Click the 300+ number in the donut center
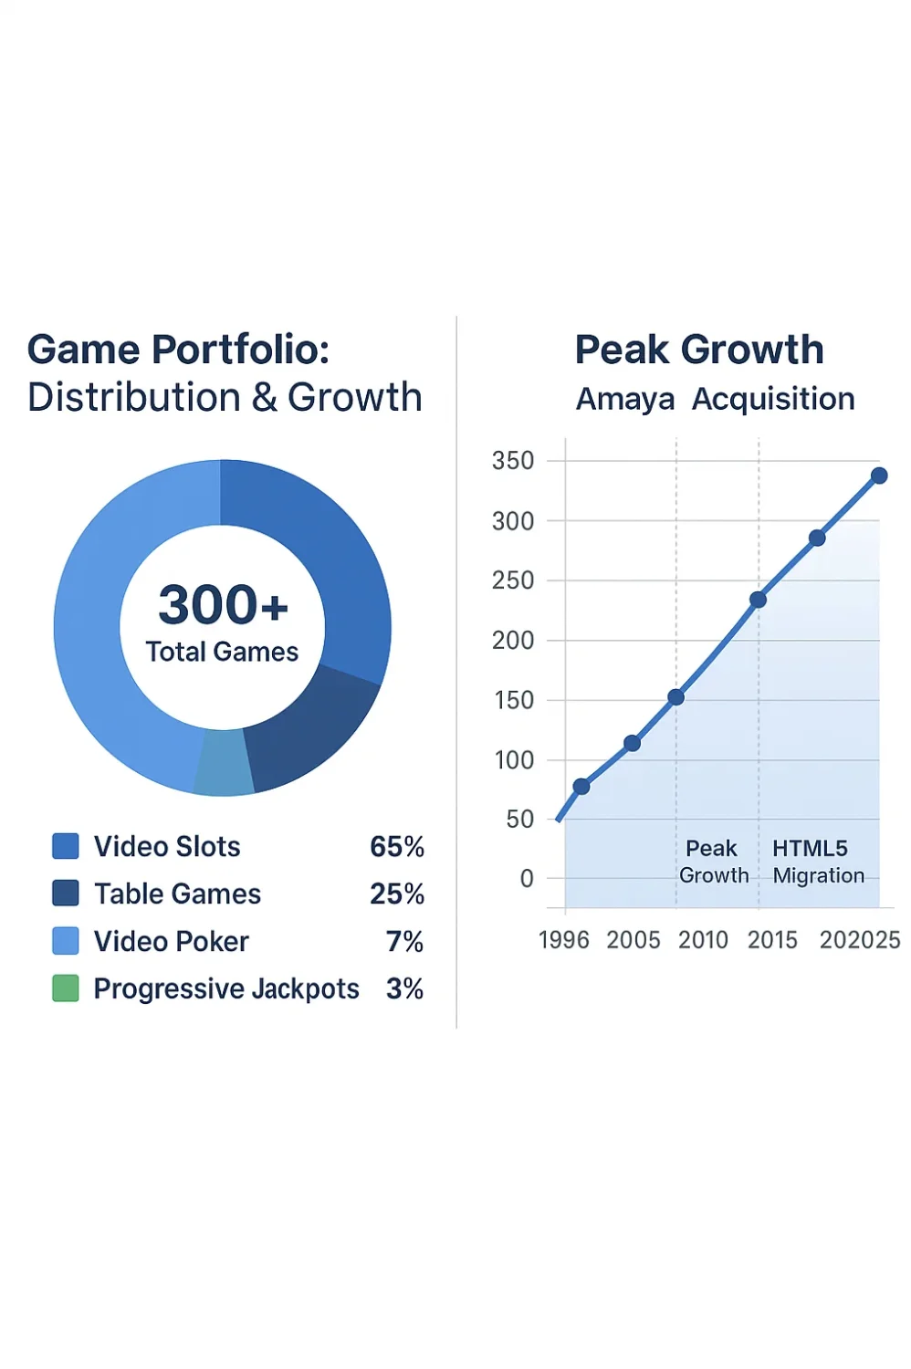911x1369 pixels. click(223, 605)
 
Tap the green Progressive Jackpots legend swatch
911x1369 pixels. click(66, 988)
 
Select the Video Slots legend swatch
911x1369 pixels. click(66, 846)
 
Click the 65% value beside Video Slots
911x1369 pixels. click(397, 847)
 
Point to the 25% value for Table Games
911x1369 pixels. click(397, 894)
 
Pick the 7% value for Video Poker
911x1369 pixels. click(404, 942)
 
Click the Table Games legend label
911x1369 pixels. click(177, 894)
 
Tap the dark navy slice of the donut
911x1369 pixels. click(310, 730)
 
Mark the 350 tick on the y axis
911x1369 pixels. click(513, 461)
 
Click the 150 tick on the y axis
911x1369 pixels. click(513, 700)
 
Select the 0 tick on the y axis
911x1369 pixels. click(527, 879)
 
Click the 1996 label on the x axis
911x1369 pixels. click(564, 940)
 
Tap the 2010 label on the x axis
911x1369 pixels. click(703, 940)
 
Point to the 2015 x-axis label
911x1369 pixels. click(772, 940)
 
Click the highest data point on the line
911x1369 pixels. click(879, 475)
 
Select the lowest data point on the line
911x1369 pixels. click(581, 786)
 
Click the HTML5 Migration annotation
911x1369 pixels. click(817, 862)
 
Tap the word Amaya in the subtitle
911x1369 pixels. click(625, 399)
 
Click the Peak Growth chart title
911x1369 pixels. click(699, 350)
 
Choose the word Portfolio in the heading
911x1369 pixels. click(240, 350)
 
